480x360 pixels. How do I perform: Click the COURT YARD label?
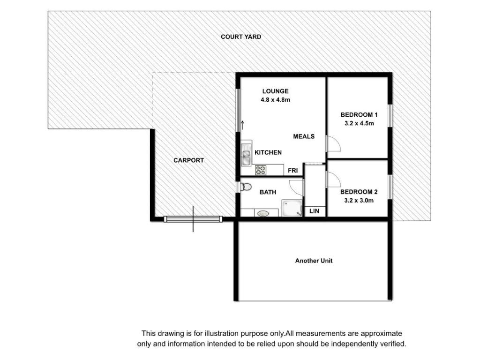tap(241, 37)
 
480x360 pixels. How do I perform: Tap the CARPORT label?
tap(188, 160)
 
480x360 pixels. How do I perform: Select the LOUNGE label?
tap(275, 91)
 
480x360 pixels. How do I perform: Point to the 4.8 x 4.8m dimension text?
tap(276, 100)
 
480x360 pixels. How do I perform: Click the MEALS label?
tap(304, 136)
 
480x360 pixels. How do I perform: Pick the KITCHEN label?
tap(268, 152)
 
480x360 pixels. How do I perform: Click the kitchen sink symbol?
tap(246, 155)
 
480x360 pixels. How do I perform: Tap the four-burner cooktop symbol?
tap(261, 170)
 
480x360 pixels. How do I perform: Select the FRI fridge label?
tap(292, 171)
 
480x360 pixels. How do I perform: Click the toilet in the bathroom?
tap(246, 187)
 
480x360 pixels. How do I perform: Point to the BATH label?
tap(268, 192)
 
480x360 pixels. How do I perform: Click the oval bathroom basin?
tap(263, 213)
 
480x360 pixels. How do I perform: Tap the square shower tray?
tap(292, 208)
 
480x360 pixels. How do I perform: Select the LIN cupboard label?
tap(314, 211)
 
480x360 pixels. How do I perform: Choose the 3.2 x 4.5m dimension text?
tap(359, 123)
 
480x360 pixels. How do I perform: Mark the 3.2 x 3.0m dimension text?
tap(359, 201)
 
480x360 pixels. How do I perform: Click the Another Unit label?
tap(314, 261)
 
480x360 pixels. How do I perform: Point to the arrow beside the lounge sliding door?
tap(242, 125)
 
